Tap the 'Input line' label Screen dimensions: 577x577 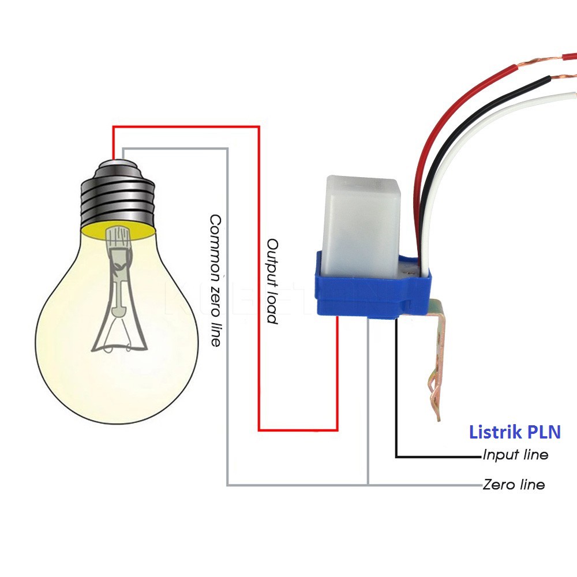click(x=515, y=455)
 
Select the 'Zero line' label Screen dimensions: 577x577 click(x=514, y=485)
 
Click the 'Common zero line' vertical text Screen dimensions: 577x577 click(x=215, y=280)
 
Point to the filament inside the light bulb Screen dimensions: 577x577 click(x=118, y=288)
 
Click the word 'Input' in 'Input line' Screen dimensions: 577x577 click(x=500, y=455)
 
